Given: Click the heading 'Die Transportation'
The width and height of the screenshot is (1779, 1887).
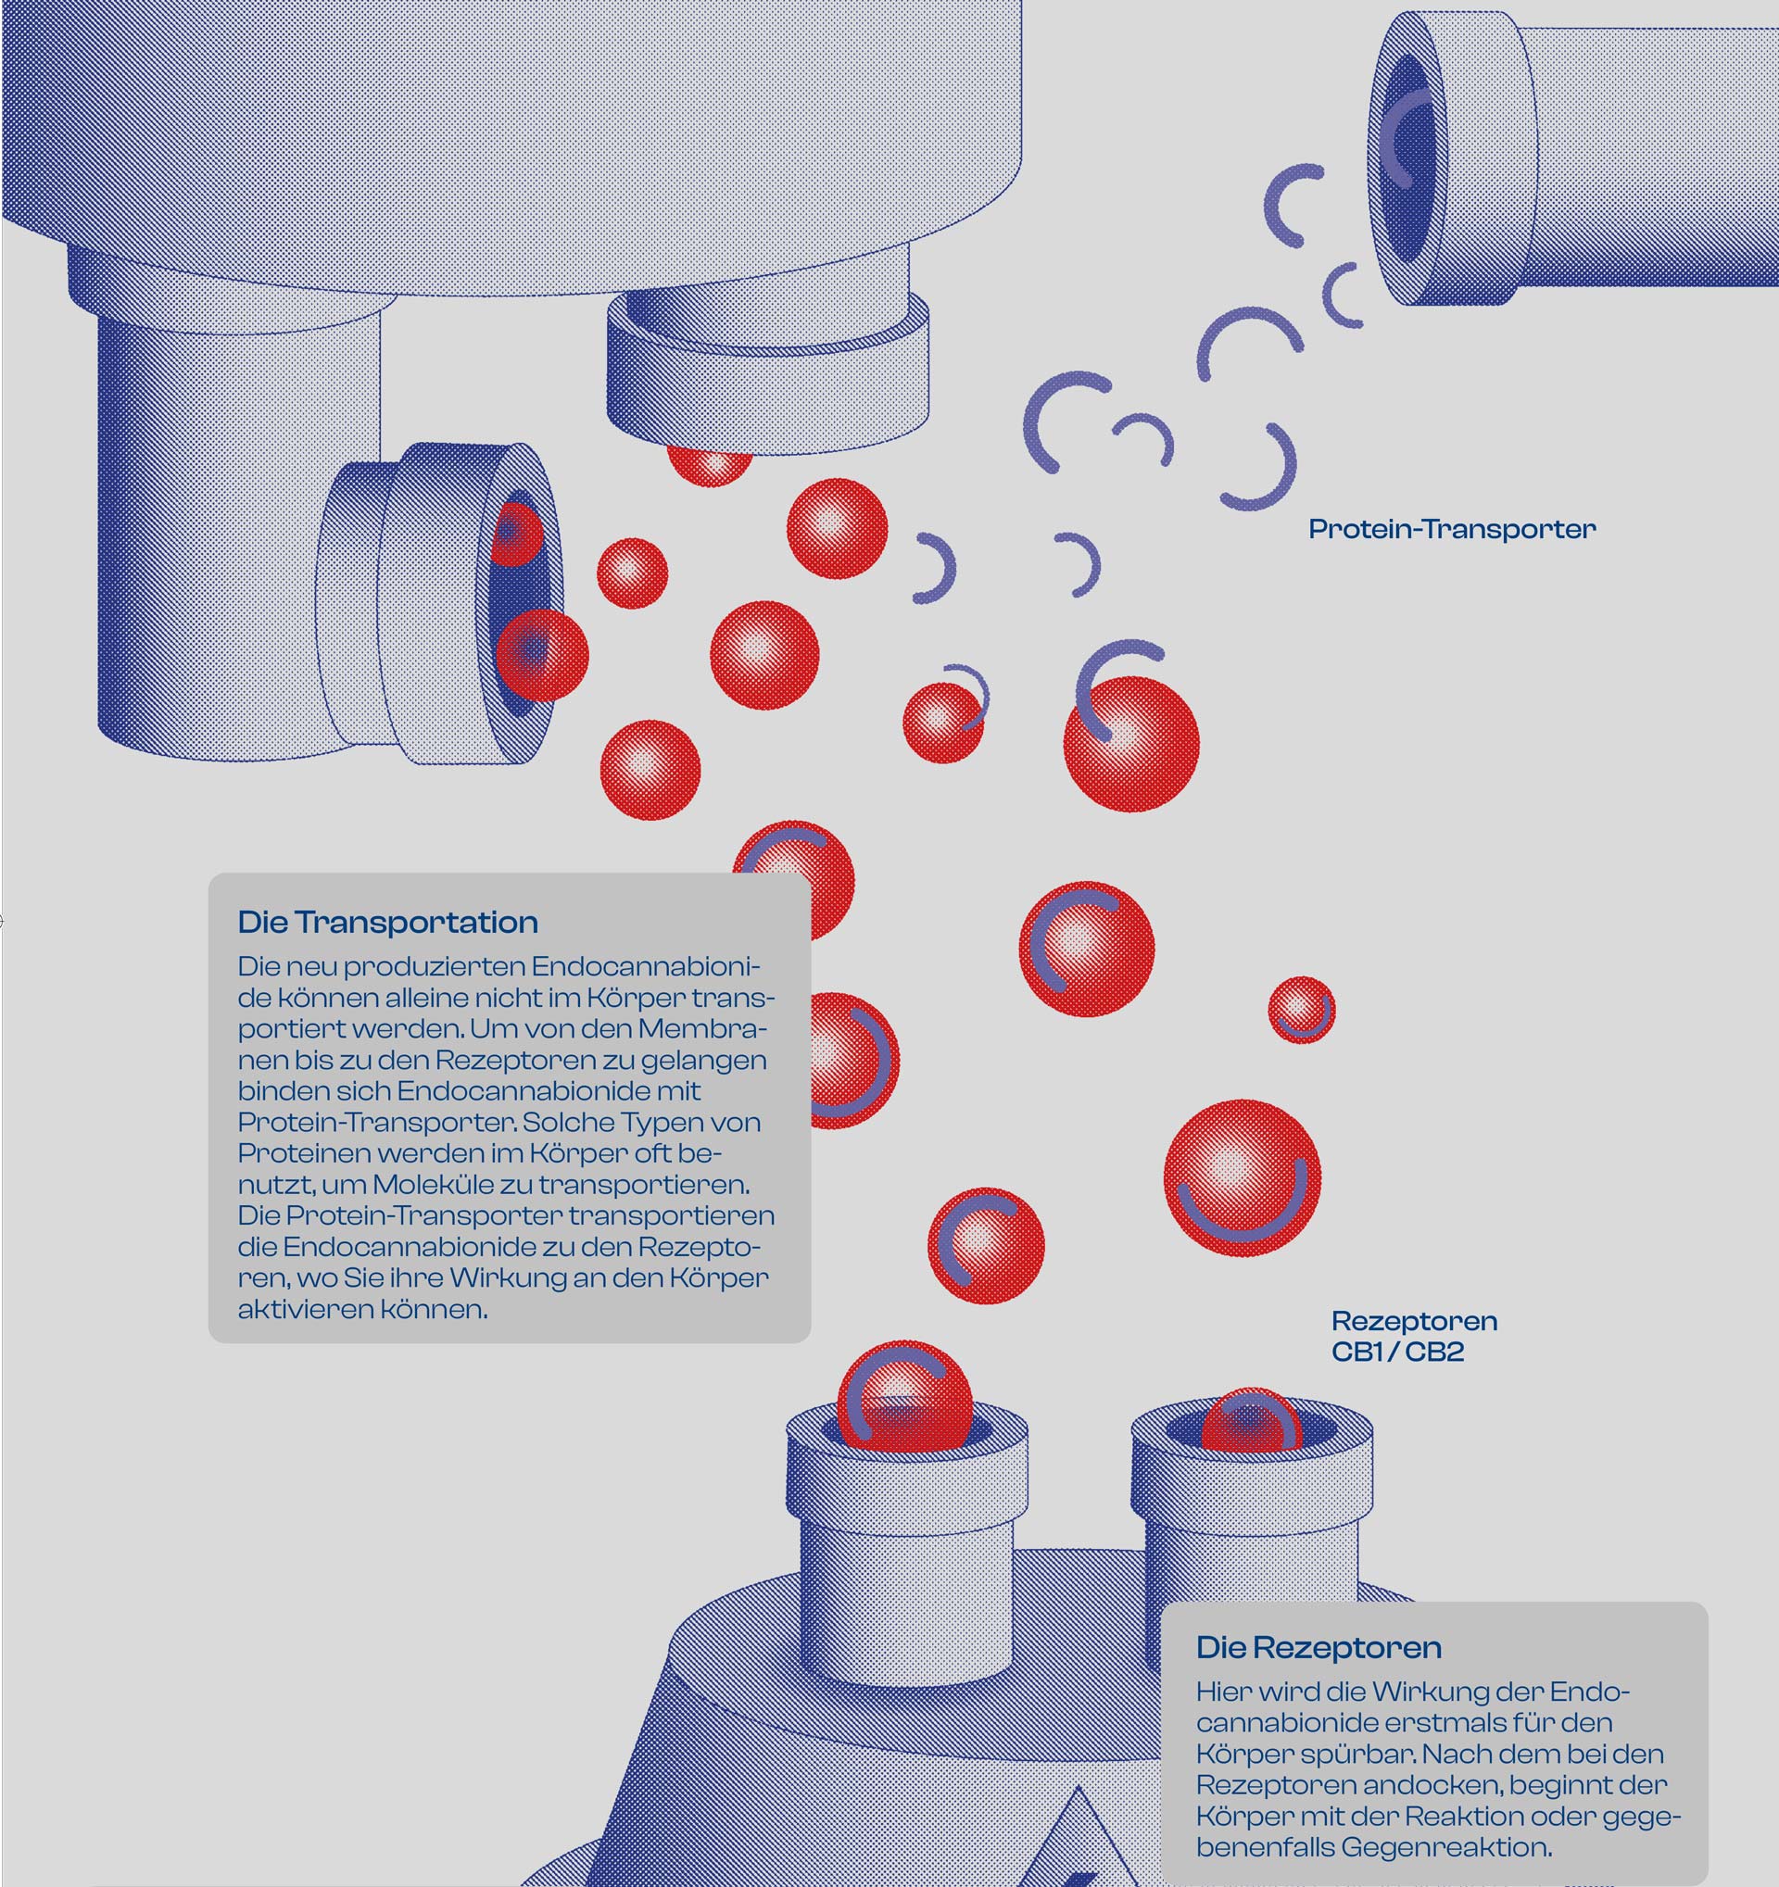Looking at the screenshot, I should [x=387, y=922].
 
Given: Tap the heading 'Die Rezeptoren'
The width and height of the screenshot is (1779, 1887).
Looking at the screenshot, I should [x=1318, y=1647].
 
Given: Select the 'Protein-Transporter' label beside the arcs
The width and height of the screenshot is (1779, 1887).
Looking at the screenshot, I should [x=1452, y=529].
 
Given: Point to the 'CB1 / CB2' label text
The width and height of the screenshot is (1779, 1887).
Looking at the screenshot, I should [x=1397, y=1352].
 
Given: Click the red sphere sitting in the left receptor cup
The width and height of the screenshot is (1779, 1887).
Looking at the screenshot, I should [x=903, y=1394].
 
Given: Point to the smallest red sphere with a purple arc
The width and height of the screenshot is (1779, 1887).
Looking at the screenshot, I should [x=1302, y=1009].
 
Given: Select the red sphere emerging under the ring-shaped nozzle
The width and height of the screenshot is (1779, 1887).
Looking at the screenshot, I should [x=710, y=464].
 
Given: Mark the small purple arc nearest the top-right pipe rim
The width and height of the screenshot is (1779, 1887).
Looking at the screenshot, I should [x=1344, y=296].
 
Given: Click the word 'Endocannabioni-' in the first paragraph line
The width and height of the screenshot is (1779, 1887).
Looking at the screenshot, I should [x=646, y=967].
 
